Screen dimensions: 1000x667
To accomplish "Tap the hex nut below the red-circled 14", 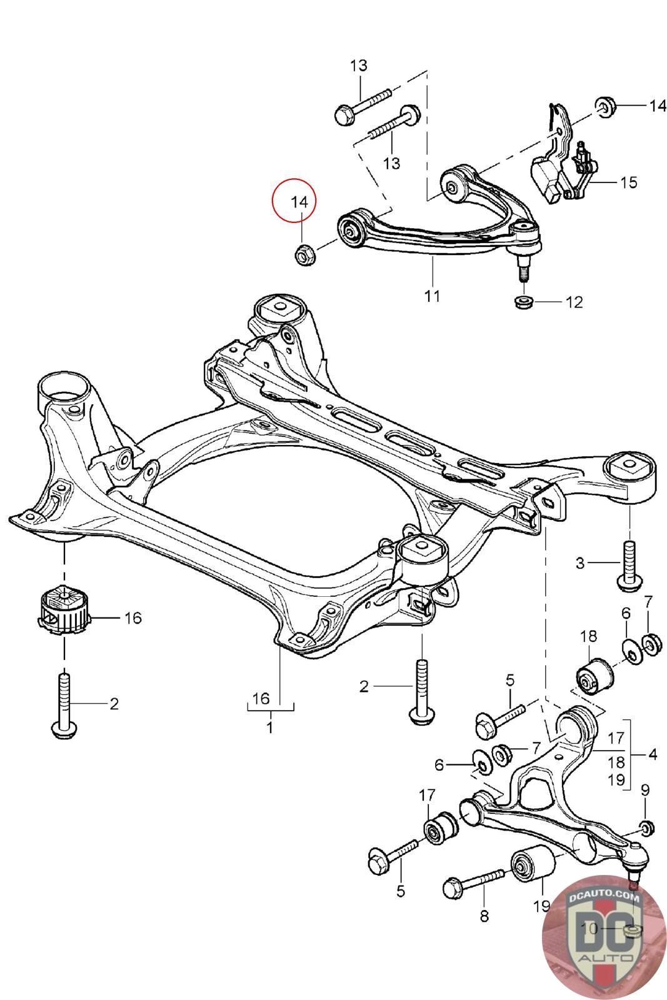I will click(304, 255).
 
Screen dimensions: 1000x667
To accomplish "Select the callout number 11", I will click(432, 296).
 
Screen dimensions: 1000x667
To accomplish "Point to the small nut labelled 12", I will click(523, 303).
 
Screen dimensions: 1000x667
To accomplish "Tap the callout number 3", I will click(580, 563).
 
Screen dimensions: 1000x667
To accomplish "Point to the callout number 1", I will click(269, 728).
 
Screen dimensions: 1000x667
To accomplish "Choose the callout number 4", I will click(652, 754).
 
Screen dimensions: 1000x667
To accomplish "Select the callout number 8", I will click(484, 916).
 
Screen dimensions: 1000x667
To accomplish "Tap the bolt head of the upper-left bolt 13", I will click(343, 114).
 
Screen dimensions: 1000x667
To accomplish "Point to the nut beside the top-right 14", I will click(605, 107).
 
